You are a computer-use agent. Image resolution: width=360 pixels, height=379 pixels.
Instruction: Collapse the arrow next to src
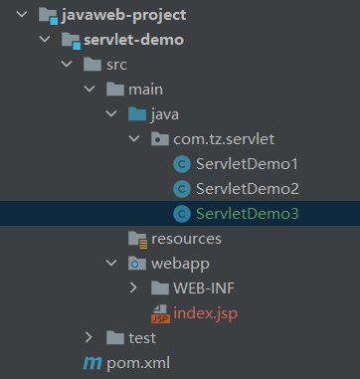tap(65, 66)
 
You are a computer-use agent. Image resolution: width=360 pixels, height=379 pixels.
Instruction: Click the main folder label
tap(145, 90)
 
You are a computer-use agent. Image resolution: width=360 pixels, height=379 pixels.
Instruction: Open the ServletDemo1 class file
tap(248, 164)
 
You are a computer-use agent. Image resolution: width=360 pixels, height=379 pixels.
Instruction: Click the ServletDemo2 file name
tap(248, 189)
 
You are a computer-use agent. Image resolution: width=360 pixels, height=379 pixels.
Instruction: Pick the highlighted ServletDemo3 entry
tap(248, 214)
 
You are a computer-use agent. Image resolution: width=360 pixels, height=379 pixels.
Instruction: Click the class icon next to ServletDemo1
tap(181, 164)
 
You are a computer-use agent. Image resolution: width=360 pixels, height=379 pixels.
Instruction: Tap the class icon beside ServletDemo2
tap(181, 189)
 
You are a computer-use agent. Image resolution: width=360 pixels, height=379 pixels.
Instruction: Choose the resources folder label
tap(186, 239)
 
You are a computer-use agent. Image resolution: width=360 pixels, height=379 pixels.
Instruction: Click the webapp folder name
tap(178, 264)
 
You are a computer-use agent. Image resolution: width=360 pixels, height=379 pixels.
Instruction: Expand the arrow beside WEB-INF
tap(134, 288)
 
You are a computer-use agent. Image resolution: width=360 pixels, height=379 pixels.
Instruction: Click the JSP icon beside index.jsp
tap(159, 314)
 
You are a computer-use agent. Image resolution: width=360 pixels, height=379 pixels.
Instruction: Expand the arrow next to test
tap(89, 338)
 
